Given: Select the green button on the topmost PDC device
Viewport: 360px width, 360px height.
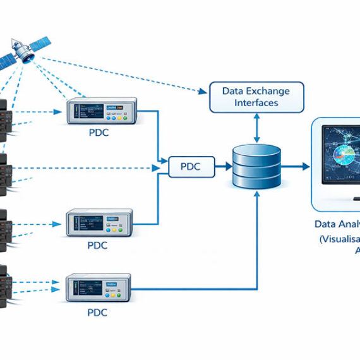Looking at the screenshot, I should [124, 116].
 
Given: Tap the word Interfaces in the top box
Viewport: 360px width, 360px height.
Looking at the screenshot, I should [256, 103].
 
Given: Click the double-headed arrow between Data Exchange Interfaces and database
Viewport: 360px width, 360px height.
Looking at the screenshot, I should [256, 129].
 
